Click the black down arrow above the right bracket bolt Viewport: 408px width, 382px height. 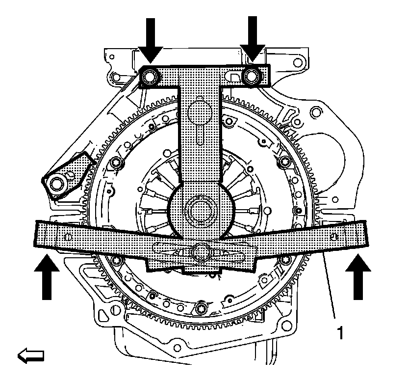point(253,39)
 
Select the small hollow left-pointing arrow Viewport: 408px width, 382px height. point(30,355)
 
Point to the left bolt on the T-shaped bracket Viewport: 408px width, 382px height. point(150,76)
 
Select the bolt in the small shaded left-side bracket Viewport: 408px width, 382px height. point(58,183)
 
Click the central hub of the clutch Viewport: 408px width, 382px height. point(200,210)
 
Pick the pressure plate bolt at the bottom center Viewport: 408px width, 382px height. point(203,309)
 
